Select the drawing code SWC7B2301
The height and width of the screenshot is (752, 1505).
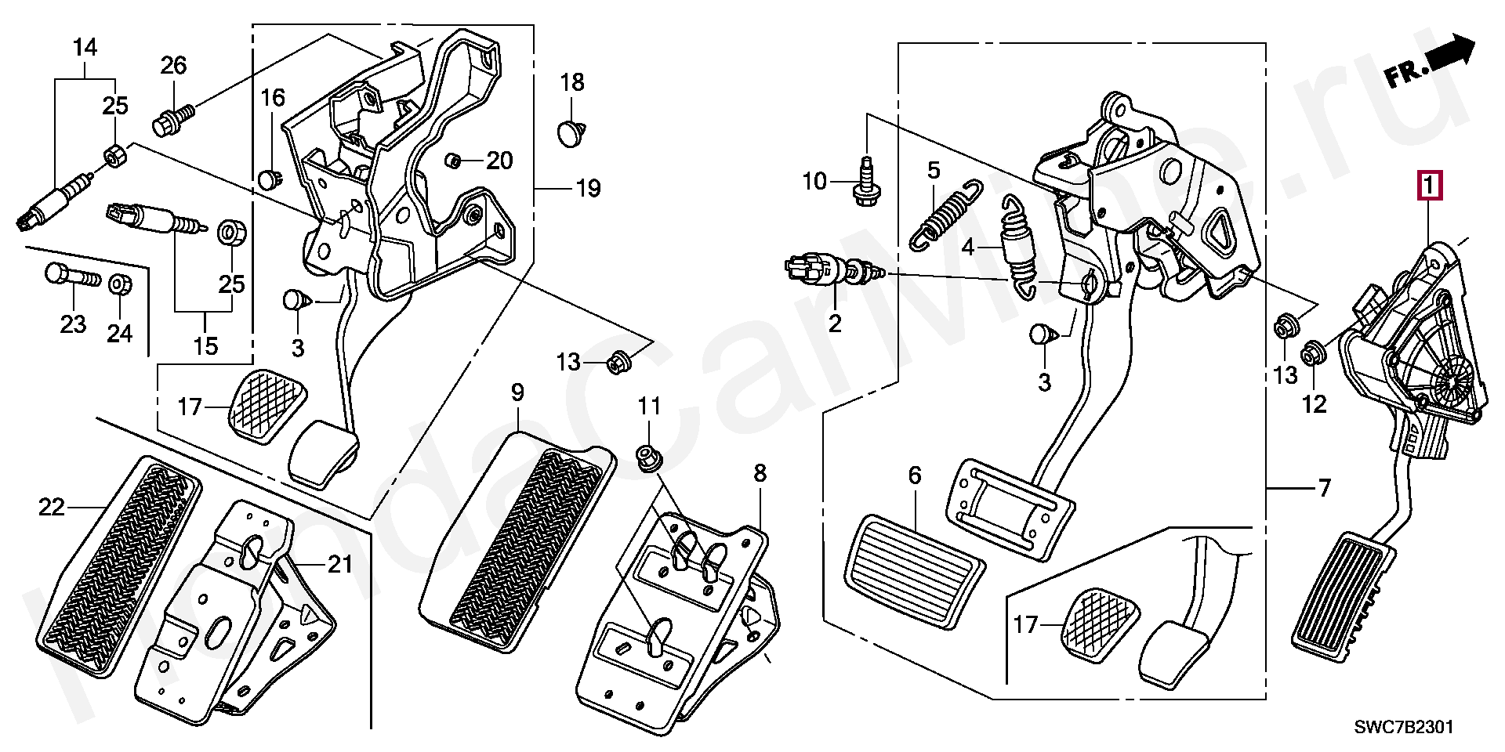[x=1404, y=727]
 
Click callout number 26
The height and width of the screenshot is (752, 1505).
[x=174, y=66]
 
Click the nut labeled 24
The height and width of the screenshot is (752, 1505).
[x=119, y=284]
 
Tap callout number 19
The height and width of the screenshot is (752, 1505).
[x=588, y=188]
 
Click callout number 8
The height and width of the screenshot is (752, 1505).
[x=760, y=473]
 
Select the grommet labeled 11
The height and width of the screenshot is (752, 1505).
[x=648, y=456]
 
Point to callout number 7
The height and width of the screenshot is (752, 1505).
[x=1324, y=489]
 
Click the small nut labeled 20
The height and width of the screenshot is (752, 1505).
[x=453, y=161]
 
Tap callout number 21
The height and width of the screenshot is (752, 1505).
[x=340, y=564]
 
